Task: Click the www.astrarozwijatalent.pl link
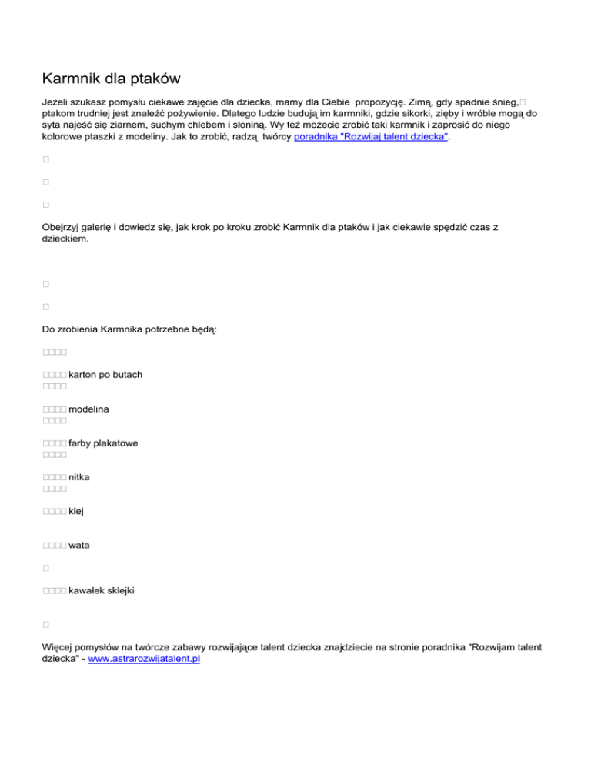(144, 660)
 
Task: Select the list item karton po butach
(105, 374)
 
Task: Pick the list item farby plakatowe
(103, 443)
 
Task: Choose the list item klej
(75, 511)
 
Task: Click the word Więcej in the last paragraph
(61, 648)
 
